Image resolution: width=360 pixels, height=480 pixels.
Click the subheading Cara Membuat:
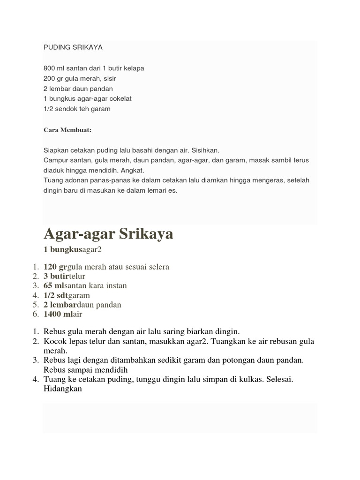click(67, 130)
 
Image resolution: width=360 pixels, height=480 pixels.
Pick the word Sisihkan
click(204, 150)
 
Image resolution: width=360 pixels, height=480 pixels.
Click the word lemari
click(153, 191)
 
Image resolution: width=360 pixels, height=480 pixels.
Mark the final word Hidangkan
click(63, 388)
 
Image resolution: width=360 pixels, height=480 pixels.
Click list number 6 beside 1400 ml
click(35, 315)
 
